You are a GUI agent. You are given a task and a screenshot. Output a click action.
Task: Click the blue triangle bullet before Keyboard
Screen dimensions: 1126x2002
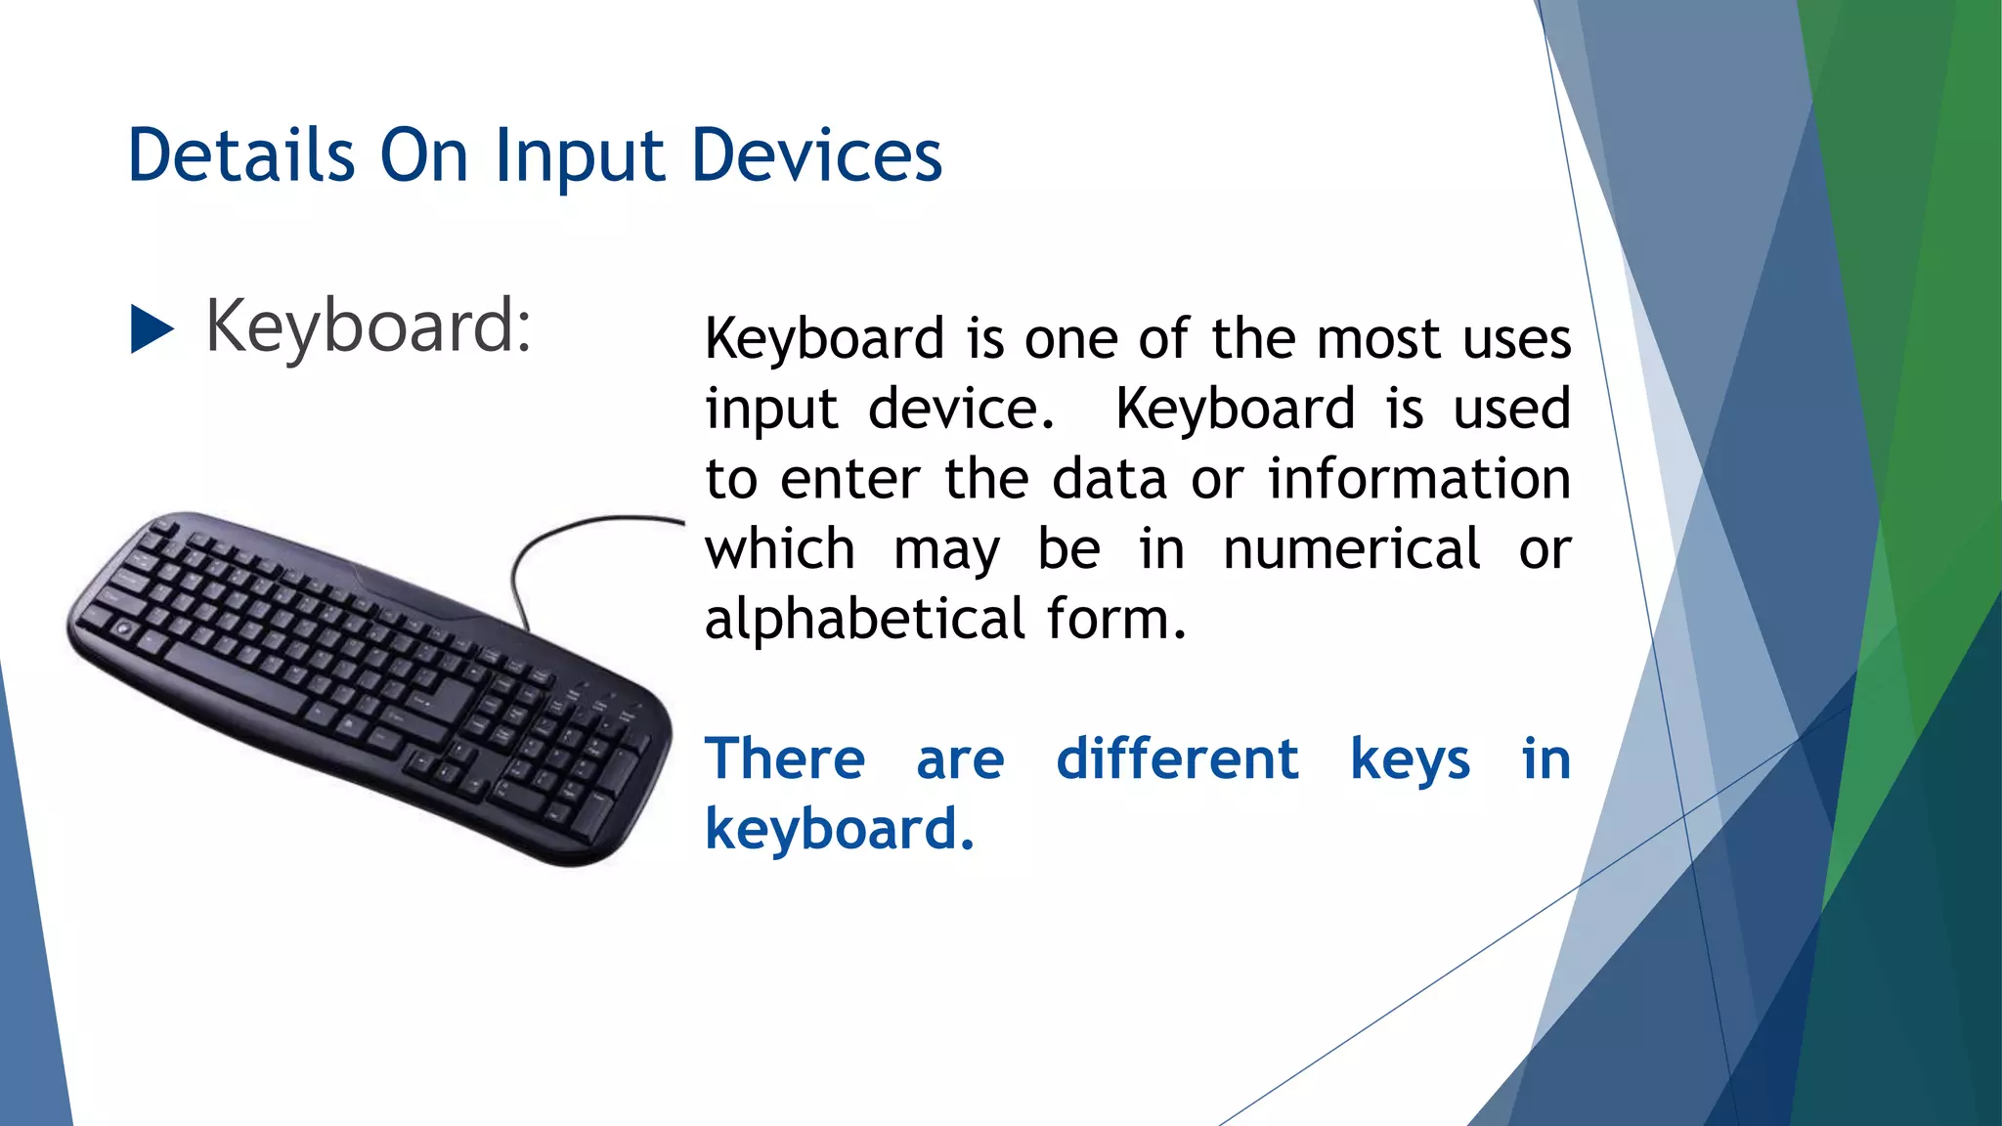(x=151, y=328)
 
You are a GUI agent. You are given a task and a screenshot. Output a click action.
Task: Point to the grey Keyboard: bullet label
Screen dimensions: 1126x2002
(x=368, y=326)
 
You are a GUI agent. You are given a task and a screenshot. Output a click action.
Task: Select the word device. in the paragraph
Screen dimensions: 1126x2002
(x=961, y=409)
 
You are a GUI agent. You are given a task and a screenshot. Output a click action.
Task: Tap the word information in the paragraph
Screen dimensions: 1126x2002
(x=1418, y=479)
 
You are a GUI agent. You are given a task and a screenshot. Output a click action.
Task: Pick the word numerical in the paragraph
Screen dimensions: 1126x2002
(x=1351, y=549)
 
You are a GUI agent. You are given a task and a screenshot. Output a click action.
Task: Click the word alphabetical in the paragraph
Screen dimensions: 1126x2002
(x=864, y=620)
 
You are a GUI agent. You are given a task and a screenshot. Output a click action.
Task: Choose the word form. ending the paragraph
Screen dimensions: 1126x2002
(x=1116, y=620)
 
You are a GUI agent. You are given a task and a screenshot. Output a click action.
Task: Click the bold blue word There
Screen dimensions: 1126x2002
(x=785, y=759)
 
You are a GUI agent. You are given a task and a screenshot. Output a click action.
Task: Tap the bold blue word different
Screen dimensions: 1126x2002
(x=1177, y=759)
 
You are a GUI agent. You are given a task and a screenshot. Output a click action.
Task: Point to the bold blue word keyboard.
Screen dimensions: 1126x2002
(x=839, y=830)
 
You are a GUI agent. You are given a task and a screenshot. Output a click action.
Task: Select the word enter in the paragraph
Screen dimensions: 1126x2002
(x=849, y=480)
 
